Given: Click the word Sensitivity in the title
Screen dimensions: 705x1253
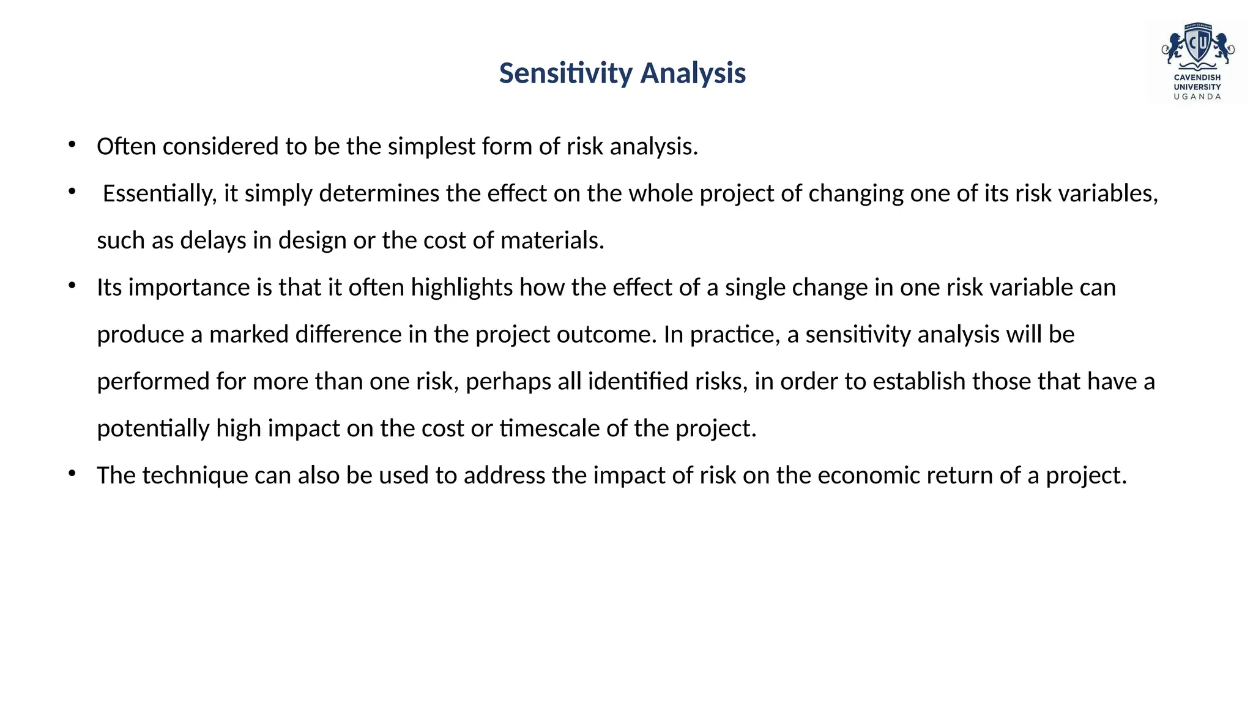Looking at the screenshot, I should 566,73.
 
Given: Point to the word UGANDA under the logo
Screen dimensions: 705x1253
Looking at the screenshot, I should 1197,97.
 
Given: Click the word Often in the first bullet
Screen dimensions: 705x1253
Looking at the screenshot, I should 126,147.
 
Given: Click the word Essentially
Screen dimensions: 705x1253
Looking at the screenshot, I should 159,194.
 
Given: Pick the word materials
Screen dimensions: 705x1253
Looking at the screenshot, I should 552,241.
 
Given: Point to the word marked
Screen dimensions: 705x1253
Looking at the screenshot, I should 248,335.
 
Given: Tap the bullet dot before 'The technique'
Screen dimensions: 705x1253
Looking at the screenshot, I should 72,473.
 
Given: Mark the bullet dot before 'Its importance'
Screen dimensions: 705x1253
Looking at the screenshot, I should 72,285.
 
